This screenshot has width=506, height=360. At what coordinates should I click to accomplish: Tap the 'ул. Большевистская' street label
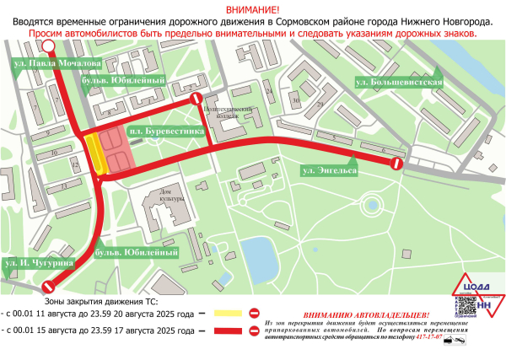(x=399, y=82)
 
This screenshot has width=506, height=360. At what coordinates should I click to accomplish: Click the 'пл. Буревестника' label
(x=166, y=132)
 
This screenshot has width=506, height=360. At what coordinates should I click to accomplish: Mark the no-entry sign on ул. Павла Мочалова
(x=49, y=47)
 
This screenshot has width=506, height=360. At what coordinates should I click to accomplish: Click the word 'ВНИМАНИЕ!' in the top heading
(x=252, y=7)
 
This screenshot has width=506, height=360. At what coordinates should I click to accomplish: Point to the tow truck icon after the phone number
(x=459, y=337)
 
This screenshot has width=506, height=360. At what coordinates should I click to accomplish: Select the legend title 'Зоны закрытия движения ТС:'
(x=100, y=300)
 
